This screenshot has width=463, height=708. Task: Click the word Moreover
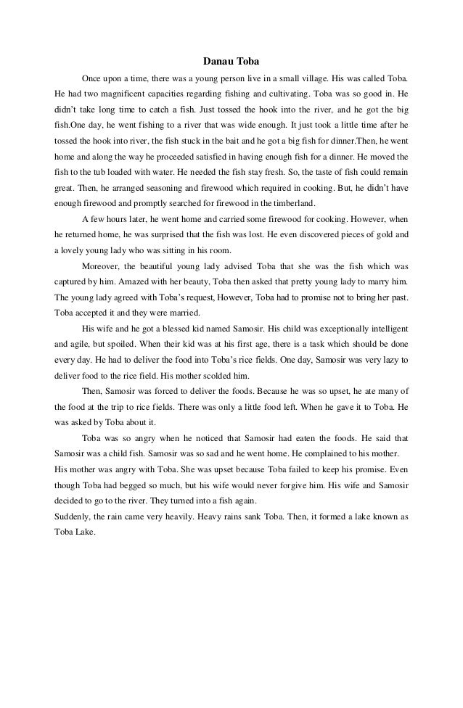102,268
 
